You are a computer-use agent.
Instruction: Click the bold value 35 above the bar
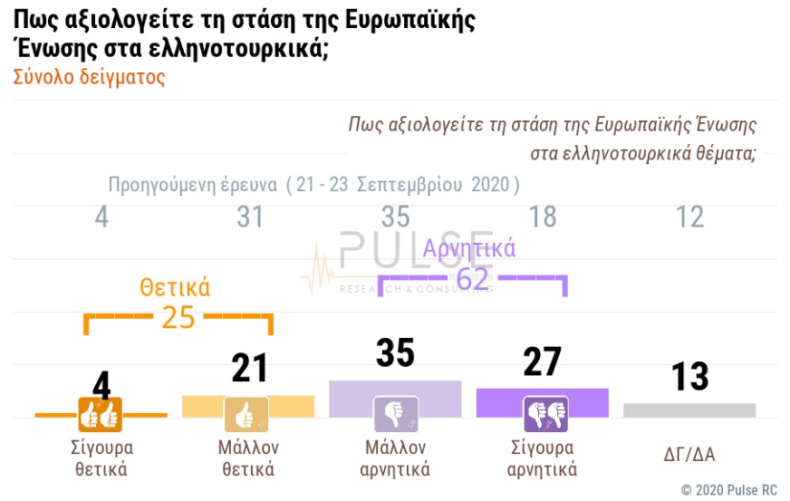(x=395, y=353)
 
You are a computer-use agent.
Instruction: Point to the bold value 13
(x=689, y=377)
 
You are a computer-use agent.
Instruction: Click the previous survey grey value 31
(x=249, y=217)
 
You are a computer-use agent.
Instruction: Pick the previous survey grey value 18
(x=543, y=217)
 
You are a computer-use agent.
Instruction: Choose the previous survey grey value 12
(x=689, y=217)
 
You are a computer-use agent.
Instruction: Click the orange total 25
(x=178, y=316)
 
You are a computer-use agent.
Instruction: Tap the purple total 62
(x=473, y=278)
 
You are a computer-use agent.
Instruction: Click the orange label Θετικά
(x=175, y=288)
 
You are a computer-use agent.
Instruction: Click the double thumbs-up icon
(x=100, y=415)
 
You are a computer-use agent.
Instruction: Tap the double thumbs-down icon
(x=545, y=414)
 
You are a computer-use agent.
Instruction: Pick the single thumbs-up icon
(x=246, y=415)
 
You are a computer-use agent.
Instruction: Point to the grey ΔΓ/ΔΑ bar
(x=689, y=409)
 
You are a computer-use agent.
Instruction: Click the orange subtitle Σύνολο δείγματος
(x=90, y=77)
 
